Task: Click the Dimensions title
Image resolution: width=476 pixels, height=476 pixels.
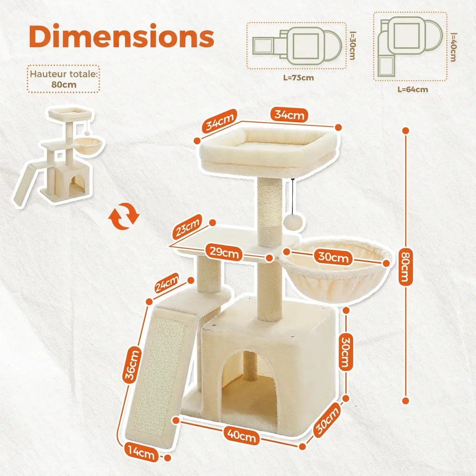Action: tap(121, 36)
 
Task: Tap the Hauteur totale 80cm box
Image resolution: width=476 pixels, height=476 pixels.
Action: tap(63, 79)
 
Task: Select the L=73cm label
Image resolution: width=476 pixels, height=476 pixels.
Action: tap(298, 78)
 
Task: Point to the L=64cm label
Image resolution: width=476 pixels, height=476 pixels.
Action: tap(413, 90)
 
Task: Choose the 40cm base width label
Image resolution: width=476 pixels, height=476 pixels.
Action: tap(242, 436)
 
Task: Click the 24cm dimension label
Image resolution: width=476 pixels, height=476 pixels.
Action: tap(167, 283)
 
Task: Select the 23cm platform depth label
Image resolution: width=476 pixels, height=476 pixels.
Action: tap(188, 226)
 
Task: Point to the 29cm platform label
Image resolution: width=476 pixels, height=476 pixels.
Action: tap(224, 252)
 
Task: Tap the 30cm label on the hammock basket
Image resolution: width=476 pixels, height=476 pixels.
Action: tap(333, 257)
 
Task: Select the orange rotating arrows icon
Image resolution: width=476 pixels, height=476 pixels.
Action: tap(124, 216)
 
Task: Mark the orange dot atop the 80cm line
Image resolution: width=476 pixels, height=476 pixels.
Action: tap(405, 131)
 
